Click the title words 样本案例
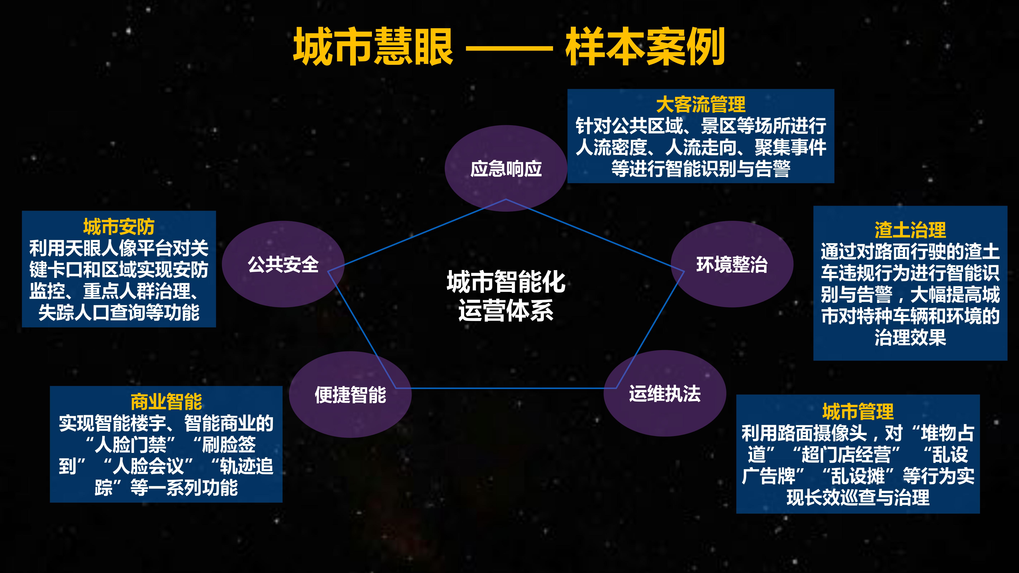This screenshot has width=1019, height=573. point(645,47)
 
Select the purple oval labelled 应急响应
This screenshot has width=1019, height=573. point(506,168)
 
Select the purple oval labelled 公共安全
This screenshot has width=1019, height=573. point(283,264)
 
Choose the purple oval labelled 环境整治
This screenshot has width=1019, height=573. point(732,264)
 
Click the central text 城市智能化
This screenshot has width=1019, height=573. point(506,282)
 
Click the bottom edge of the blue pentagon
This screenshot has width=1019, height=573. point(506,388)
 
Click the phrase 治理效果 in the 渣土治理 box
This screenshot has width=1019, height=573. point(910,337)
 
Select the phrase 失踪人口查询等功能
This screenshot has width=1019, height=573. point(119,312)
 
